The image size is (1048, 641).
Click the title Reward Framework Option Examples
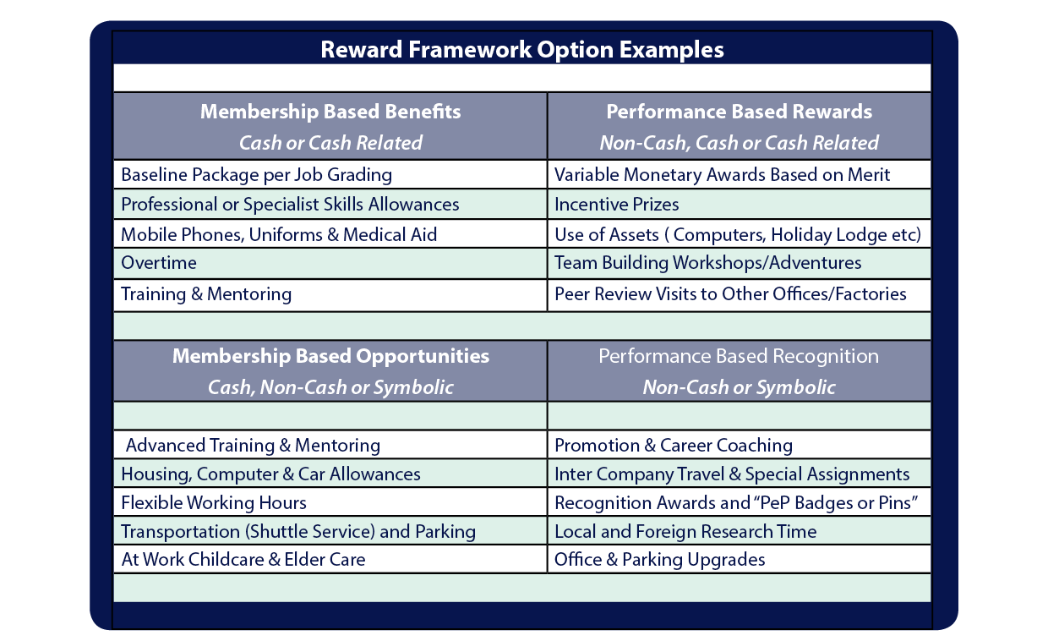[522, 50]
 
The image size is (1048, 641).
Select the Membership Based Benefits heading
[330, 112]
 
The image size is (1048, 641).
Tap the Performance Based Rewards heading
[740, 112]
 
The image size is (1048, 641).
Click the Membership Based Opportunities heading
[330, 356]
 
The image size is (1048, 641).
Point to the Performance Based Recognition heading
[739, 356]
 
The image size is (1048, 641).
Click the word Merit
[869, 175]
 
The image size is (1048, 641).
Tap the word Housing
[156, 474]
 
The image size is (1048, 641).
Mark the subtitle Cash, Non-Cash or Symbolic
[330, 387]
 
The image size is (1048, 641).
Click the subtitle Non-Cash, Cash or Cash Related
[740, 143]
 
